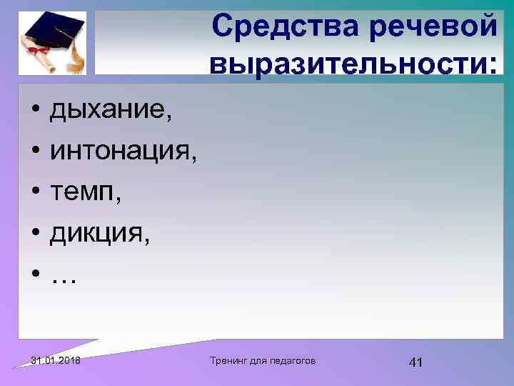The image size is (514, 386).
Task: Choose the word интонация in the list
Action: (x=119, y=152)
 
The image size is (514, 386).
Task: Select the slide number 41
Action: (x=415, y=362)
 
